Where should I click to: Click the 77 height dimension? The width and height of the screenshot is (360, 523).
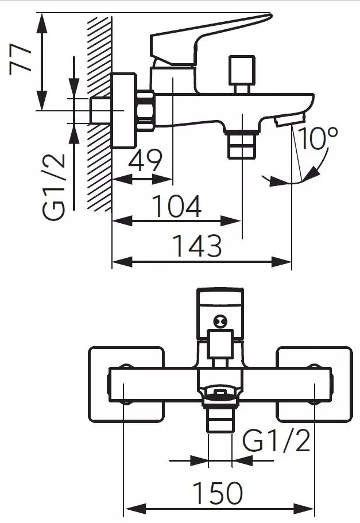(20, 59)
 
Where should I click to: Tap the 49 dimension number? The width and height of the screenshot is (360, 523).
(145, 160)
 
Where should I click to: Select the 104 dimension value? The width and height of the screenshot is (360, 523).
(176, 206)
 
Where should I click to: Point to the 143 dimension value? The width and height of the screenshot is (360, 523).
(198, 246)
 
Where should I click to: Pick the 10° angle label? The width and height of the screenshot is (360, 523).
(318, 137)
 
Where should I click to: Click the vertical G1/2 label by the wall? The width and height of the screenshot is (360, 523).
(54, 187)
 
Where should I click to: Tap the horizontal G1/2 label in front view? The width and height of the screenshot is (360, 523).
(276, 441)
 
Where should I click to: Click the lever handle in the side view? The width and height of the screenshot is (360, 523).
(207, 40)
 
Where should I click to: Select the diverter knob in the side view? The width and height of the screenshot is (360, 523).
(242, 74)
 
